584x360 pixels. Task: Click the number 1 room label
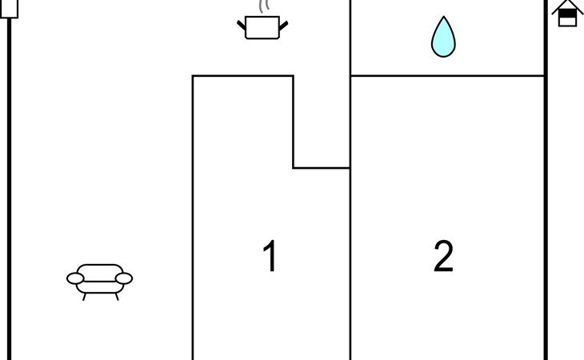tap(270, 256)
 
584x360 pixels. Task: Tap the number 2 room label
tap(443, 256)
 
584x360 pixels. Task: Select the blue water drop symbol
tap(443, 37)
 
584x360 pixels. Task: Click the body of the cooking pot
tap(262, 27)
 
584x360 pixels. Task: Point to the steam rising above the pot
tap(264, 6)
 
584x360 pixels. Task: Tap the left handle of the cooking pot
tap(242, 26)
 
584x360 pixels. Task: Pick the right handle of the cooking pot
tap(283, 26)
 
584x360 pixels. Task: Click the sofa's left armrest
tap(75, 278)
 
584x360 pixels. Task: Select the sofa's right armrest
tap(124, 278)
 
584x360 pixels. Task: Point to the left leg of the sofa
tap(85, 297)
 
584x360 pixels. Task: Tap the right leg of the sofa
tap(117, 297)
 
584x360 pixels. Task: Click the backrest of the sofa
tap(100, 272)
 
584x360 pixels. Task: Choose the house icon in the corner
tap(567, 14)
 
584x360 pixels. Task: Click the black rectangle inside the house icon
tap(567, 14)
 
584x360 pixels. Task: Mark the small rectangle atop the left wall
tap(10, 8)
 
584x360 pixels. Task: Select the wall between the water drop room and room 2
tap(447, 75)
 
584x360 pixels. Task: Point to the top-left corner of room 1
tap(193, 76)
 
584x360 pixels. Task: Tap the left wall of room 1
tap(193, 218)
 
